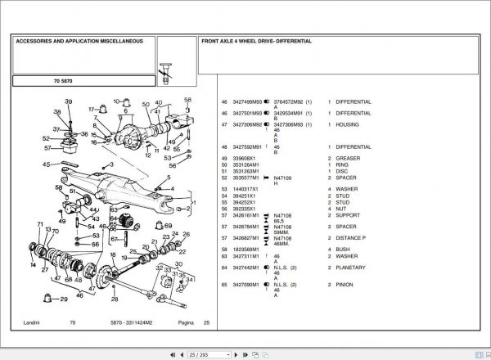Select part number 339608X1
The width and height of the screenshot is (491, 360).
click(x=245, y=159)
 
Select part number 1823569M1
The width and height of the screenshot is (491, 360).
click(x=247, y=247)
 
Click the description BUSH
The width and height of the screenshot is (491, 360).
click(x=344, y=247)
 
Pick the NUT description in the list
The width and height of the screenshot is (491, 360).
click(x=342, y=209)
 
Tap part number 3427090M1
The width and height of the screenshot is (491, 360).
click(x=247, y=284)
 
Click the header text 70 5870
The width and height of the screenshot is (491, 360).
click(x=64, y=81)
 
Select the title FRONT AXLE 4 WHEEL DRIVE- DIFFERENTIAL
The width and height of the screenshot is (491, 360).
click(x=256, y=40)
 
